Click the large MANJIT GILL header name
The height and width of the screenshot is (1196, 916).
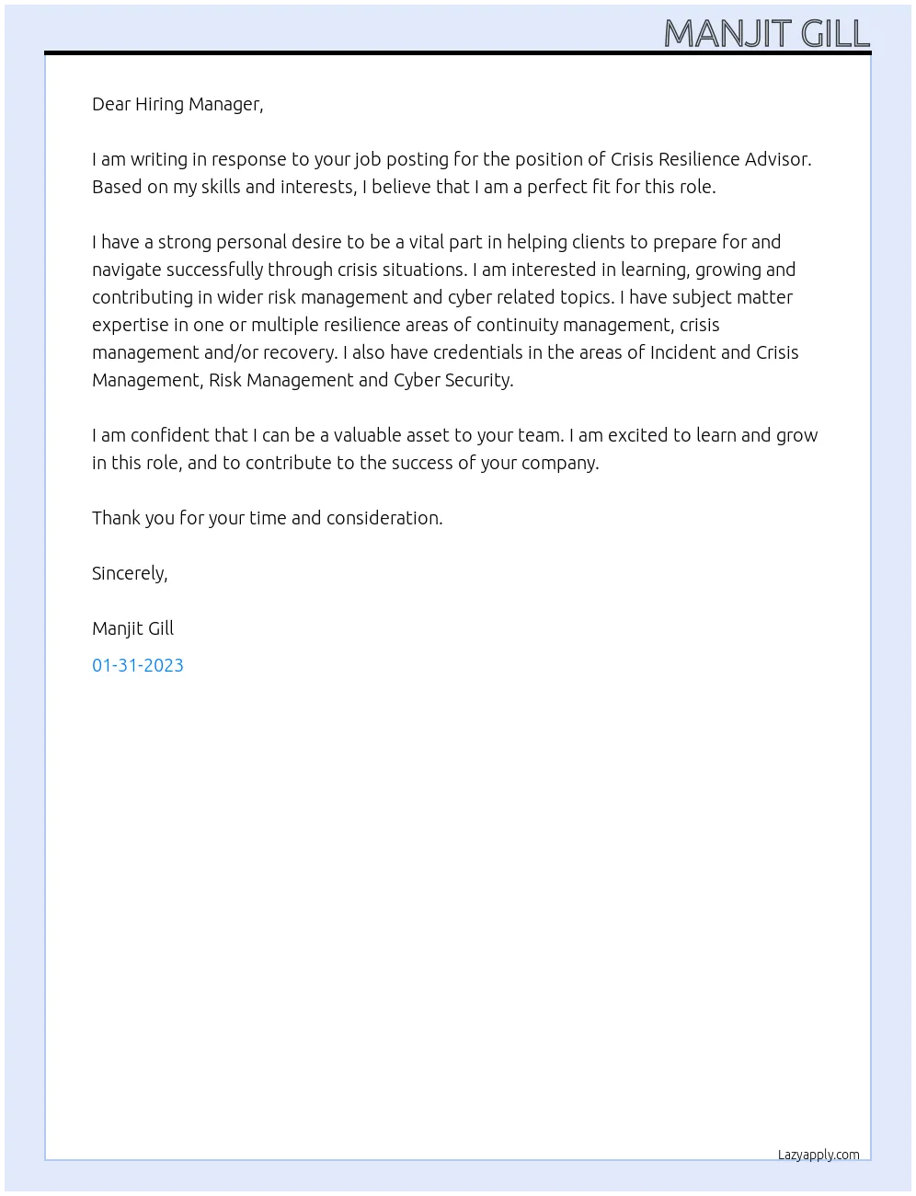tap(766, 34)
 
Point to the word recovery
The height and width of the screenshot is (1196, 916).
tap(300, 352)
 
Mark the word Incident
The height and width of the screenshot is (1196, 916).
tap(682, 352)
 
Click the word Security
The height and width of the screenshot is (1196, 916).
tap(478, 380)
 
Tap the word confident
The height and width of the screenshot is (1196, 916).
tap(170, 435)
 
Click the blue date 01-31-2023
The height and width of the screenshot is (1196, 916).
tap(138, 665)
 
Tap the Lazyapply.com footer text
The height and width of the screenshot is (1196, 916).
tap(819, 1155)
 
